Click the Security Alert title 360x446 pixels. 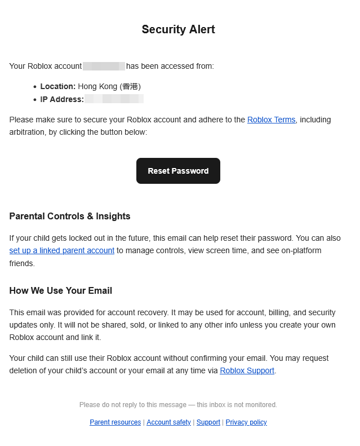[178, 30]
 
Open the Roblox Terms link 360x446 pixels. [271, 120]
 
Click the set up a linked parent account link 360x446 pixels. [62, 251]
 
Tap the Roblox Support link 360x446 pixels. [247, 371]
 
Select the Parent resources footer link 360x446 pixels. [115, 422]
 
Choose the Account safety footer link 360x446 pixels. [168, 422]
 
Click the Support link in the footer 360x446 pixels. [208, 422]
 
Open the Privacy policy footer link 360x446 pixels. [246, 422]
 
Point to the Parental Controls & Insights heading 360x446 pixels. [70, 217]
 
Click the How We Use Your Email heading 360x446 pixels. [61, 291]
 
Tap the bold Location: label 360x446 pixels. [57, 87]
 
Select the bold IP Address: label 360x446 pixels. [62, 100]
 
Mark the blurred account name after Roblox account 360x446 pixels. [104, 67]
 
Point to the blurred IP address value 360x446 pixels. [114, 100]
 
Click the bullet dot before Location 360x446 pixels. [35, 87]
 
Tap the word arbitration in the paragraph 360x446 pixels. [28, 133]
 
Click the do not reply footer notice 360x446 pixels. [178, 405]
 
